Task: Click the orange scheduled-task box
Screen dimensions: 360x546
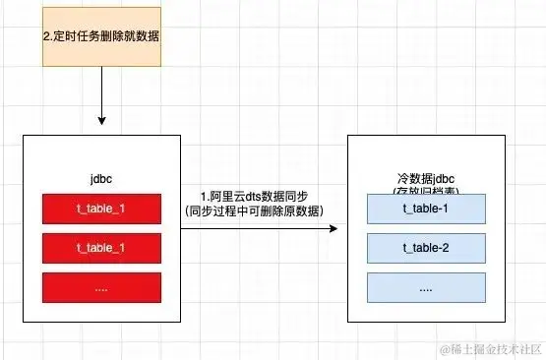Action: click(102, 35)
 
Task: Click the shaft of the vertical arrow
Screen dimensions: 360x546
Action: click(102, 93)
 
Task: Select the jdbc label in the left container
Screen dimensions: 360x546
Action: click(102, 180)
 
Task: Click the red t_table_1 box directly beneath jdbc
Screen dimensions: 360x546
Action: click(102, 210)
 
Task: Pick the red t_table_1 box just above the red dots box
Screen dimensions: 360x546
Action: click(102, 248)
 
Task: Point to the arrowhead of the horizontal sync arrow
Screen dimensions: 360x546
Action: click(333, 229)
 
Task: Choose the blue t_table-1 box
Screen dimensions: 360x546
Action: click(426, 209)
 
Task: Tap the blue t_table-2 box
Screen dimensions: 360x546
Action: click(426, 247)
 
